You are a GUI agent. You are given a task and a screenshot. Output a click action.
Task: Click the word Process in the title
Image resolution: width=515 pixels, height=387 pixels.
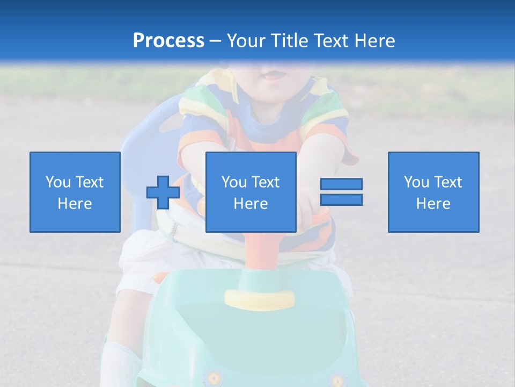(168, 41)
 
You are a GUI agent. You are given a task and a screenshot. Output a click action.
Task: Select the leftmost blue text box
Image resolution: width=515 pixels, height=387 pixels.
(75, 192)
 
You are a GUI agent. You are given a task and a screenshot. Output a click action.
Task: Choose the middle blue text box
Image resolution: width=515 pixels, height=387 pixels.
(251, 192)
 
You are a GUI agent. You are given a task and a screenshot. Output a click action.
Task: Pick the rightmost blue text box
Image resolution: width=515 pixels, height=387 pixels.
(433, 192)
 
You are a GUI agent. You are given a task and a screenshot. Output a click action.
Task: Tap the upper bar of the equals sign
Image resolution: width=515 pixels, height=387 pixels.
(341, 184)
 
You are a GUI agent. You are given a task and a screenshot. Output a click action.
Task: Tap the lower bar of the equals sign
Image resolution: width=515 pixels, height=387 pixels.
(341, 199)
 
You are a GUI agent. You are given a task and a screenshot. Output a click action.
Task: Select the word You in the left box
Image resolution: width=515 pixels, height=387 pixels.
(58, 182)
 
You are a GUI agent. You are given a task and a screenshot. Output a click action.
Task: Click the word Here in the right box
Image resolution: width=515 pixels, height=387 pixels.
(433, 204)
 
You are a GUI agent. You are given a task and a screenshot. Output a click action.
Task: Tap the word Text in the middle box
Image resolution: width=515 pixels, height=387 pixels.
(265, 182)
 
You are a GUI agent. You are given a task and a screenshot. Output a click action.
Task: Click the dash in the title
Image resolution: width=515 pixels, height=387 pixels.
(215, 41)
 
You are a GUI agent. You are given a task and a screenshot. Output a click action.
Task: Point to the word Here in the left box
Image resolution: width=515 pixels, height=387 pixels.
(75, 204)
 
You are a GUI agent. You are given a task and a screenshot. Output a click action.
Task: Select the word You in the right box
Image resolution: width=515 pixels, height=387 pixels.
(416, 182)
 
